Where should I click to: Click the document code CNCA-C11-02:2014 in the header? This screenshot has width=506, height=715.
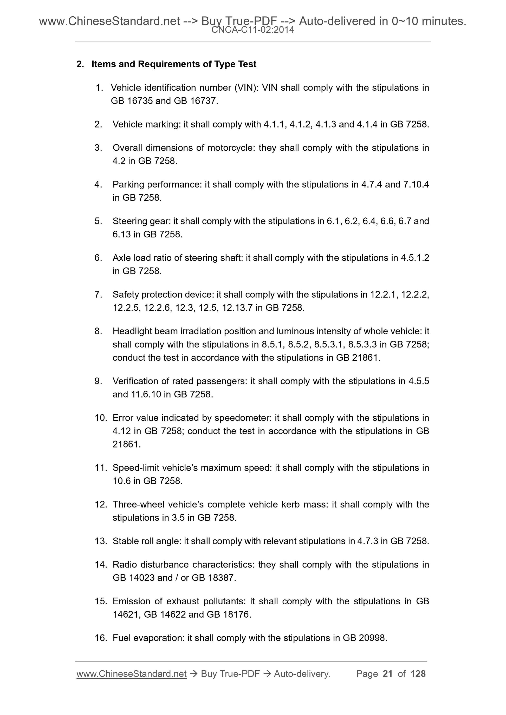252,30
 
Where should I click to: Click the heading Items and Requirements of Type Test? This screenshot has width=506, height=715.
174,64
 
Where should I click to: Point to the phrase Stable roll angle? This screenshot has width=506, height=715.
147,541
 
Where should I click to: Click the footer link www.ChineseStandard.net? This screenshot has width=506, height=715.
131,674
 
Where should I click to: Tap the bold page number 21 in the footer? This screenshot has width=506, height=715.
387,674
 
